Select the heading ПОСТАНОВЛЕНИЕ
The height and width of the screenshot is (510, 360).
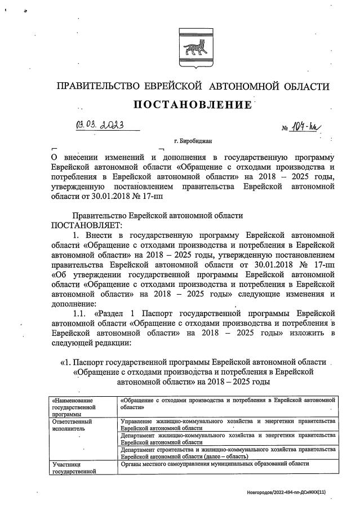tap(192, 105)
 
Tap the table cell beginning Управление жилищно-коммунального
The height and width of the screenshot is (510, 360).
tap(228, 424)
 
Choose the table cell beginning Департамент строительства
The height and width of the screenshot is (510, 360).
tap(228, 453)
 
